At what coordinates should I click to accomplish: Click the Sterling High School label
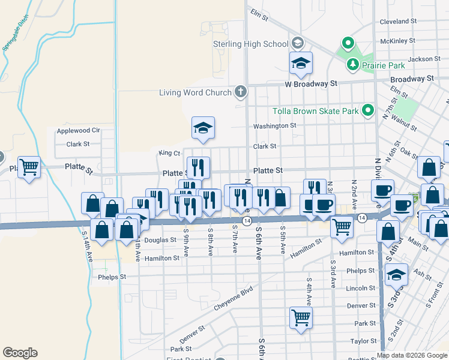tap(251, 44)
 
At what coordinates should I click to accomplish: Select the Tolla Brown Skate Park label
tap(315, 111)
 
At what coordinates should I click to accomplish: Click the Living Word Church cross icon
tap(240, 92)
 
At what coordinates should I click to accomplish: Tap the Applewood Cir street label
tap(78, 130)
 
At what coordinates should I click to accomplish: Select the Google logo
tap(20, 353)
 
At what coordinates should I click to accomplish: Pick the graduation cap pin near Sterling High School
tap(301, 62)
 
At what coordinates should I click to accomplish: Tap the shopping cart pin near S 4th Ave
tap(301, 317)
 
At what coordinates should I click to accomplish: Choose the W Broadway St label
tap(311, 84)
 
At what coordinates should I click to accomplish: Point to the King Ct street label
tap(169, 153)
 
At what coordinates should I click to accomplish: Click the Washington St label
tap(274, 126)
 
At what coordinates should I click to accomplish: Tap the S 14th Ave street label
tap(89, 247)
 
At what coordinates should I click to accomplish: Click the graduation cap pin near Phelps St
tap(396, 275)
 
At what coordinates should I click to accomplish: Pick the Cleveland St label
tap(398, 22)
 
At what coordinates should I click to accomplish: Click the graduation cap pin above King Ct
tap(203, 128)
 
